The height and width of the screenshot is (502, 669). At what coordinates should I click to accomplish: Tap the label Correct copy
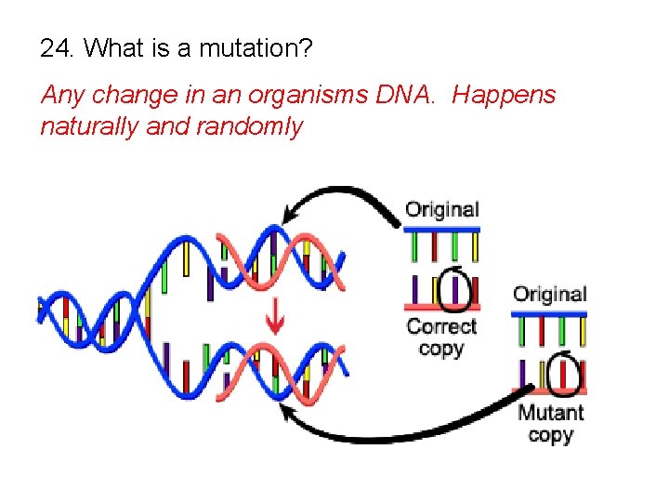[x=441, y=337]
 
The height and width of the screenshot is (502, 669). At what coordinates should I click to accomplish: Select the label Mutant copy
[x=550, y=424]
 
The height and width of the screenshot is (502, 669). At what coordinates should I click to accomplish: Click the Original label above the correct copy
[x=442, y=209]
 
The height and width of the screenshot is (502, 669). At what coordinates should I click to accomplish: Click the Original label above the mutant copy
[x=550, y=295]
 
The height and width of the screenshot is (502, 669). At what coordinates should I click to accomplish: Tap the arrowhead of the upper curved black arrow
[x=289, y=216]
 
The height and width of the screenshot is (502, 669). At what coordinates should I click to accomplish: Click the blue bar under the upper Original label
[x=442, y=229]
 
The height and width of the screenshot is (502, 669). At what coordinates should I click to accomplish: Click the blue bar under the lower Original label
[x=550, y=314]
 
